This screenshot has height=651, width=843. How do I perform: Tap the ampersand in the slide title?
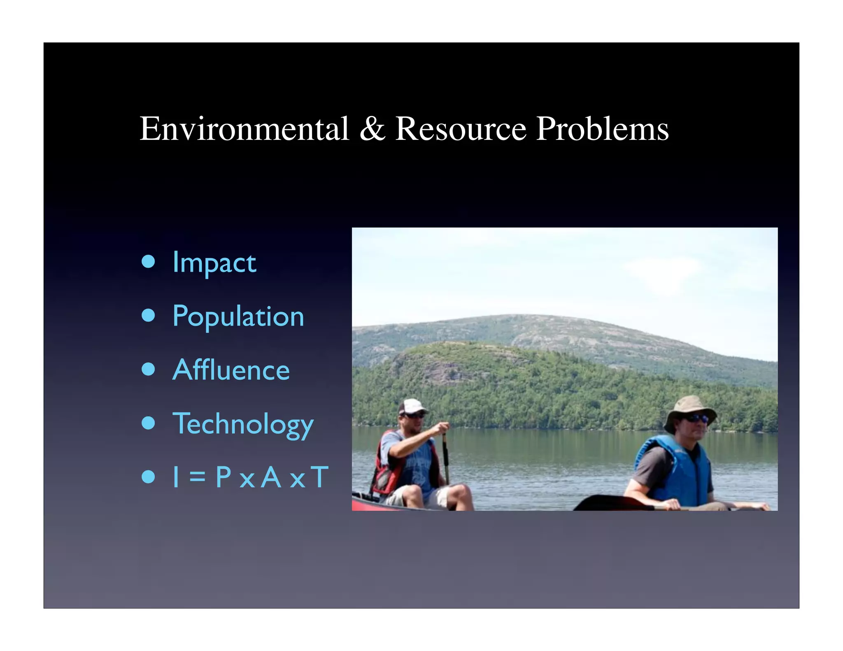372,129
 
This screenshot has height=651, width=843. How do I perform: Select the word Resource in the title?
461,129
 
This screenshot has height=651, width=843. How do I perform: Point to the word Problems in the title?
602,129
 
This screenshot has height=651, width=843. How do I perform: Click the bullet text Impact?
214,263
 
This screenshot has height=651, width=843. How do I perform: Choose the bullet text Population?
238,316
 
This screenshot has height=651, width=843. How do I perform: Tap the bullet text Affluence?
231,370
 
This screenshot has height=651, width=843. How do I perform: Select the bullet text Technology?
243,424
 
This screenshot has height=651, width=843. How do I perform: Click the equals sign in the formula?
197,478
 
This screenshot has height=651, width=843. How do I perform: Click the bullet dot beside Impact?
148,262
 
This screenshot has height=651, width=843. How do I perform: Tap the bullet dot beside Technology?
148,423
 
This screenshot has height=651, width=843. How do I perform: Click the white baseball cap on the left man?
412,406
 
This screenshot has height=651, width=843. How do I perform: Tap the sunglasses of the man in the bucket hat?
696,418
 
